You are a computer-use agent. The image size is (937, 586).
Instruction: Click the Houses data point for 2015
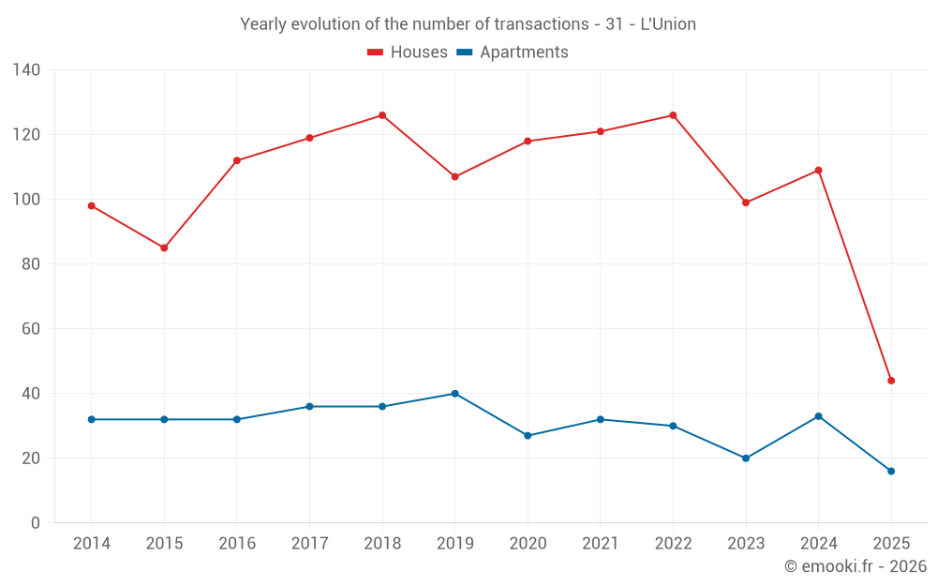pos(164,248)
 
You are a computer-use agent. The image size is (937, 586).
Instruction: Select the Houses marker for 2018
pos(382,115)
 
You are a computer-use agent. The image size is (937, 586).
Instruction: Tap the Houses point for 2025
pos(891,381)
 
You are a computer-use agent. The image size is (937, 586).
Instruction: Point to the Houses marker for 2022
pos(673,115)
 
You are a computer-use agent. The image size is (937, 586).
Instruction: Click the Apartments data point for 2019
pos(454,394)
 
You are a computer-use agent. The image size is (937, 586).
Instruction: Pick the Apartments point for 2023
pos(746,458)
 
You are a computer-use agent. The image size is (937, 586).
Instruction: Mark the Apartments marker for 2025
pos(891,471)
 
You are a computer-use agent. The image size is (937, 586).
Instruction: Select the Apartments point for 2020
pos(528,435)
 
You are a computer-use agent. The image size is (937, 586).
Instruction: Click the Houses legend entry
pos(407,53)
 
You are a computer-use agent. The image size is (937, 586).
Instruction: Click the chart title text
pos(468,24)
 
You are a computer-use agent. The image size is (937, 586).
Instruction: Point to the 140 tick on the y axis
pos(27,69)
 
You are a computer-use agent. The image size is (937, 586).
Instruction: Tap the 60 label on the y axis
pos(32,329)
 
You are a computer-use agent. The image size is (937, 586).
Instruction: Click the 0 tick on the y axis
pos(36,523)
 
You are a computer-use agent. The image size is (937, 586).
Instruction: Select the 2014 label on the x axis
pos(91,544)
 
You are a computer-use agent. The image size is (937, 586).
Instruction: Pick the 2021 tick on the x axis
pos(601,544)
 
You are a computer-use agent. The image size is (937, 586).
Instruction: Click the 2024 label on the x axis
pos(819,544)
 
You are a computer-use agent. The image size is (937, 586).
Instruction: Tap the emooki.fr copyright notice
pos(855,566)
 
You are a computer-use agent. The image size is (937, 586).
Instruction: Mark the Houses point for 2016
pos(237,160)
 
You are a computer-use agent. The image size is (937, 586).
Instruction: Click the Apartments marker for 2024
pos(819,416)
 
